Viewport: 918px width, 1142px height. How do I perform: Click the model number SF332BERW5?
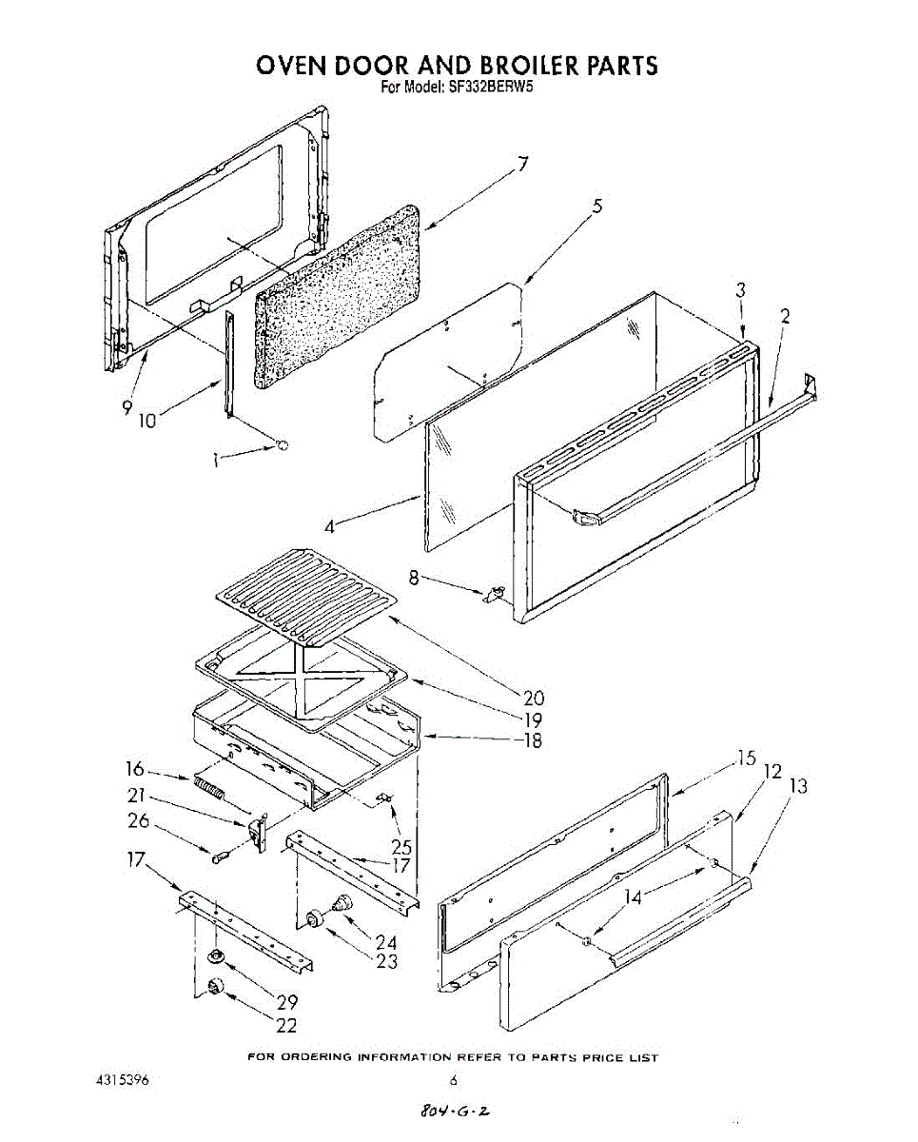pos(481,89)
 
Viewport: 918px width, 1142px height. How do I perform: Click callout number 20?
pos(534,698)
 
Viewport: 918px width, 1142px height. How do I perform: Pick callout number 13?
pos(799,786)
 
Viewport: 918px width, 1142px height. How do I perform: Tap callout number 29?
pos(287,1002)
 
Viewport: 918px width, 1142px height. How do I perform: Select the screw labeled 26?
pos(220,856)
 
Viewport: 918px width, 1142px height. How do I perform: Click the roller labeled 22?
pos(216,989)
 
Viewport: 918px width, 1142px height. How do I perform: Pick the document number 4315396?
pos(122,1081)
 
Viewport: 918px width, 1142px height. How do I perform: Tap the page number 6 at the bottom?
pos(454,1081)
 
